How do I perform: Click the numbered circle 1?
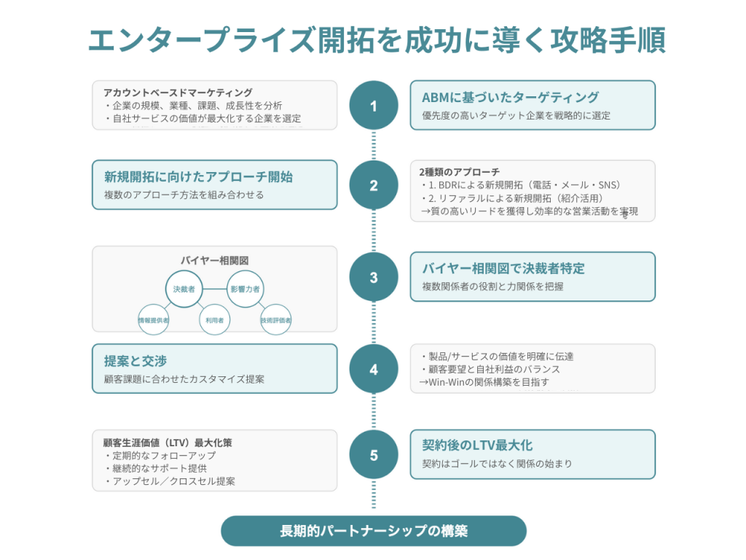pyautogui.click(x=374, y=105)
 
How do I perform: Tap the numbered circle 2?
pyautogui.click(x=374, y=184)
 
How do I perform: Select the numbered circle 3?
pyautogui.click(x=374, y=277)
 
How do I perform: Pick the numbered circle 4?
pyautogui.click(x=374, y=369)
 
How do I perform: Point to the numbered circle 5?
pyautogui.click(x=374, y=455)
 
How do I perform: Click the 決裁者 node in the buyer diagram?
pyautogui.click(x=184, y=289)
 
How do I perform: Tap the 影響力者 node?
pyautogui.click(x=245, y=289)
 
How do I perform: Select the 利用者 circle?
pyautogui.click(x=215, y=319)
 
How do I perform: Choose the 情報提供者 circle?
pyautogui.click(x=153, y=319)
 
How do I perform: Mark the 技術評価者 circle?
pyautogui.click(x=276, y=319)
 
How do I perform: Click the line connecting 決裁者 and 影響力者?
pyautogui.click(x=215, y=289)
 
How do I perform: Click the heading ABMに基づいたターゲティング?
pyautogui.click(x=510, y=97)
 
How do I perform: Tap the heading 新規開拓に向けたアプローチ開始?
pyautogui.click(x=198, y=176)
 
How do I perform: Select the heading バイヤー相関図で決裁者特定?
pyautogui.click(x=503, y=268)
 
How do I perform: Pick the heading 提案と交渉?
pyautogui.click(x=136, y=361)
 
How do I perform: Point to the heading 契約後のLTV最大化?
pyautogui.click(x=477, y=446)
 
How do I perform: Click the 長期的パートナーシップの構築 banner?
pyautogui.click(x=374, y=531)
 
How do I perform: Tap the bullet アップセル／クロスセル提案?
pyautogui.click(x=170, y=481)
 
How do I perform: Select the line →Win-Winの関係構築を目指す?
pyautogui.click(x=484, y=382)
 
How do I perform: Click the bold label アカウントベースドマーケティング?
pyautogui.click(x=178, y=93)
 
